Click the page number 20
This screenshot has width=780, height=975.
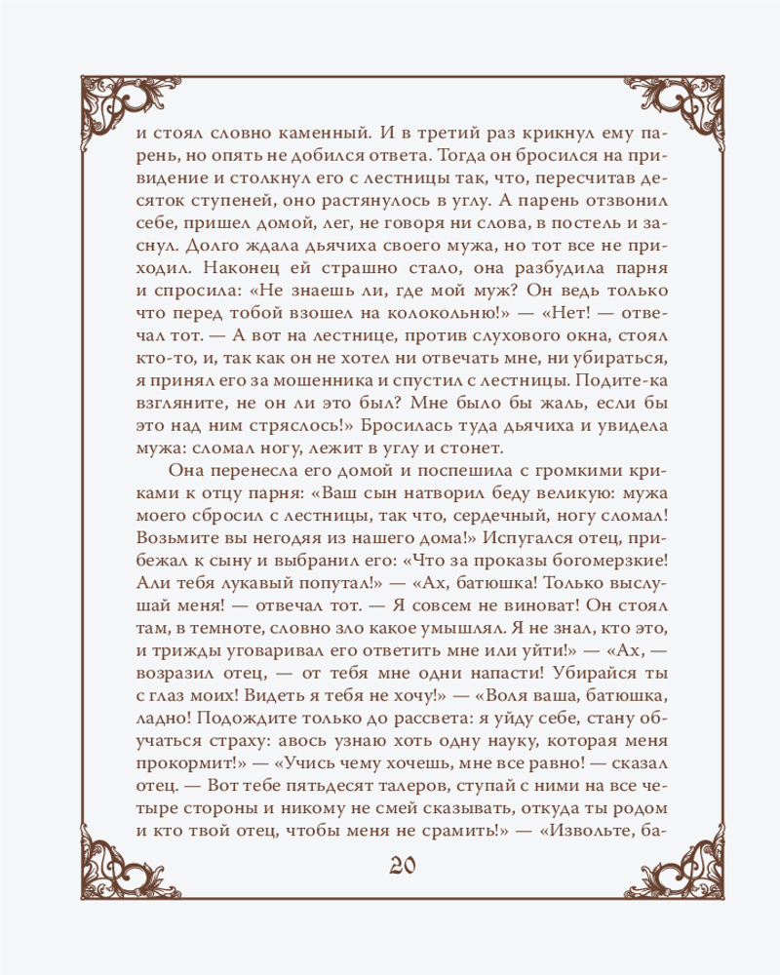click(x=390, y=867)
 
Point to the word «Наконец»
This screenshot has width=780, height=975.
click(x=225, y=271)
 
